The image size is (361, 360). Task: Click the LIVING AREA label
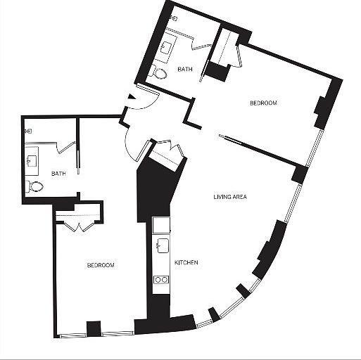pyautogui.click(x=229, y=197)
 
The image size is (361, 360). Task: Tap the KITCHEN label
pyautogui.click(x=186, y=263)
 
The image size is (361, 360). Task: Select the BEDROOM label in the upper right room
pyautogui.click(x=263, y=103)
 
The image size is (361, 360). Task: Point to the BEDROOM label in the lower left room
pyautogui.click(x=101, y=265)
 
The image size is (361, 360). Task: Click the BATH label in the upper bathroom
pyautogui.click(x=184, y=69)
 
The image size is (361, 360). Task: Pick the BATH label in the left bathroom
pyautogui.click(x=58, y=173)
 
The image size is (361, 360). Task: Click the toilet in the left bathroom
pyautogui.click(x=34, y=186)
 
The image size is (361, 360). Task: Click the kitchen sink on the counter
pyautogui.click(x=162, y=246)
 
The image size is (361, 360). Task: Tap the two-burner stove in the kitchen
pyautogui.click(x=161, y=280)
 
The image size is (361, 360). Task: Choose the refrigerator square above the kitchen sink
pyautogui.click(x=161, y=225)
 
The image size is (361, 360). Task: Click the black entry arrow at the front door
pyautogui.click(x=130, y=98)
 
